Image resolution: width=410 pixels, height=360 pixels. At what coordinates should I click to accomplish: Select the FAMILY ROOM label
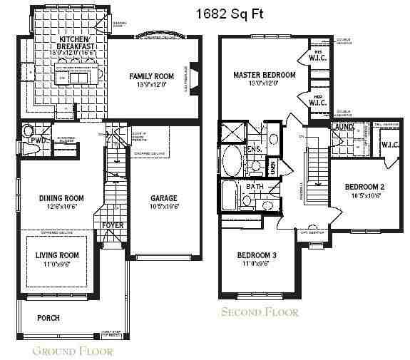152,76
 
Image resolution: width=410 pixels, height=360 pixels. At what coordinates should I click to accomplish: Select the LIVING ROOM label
58,255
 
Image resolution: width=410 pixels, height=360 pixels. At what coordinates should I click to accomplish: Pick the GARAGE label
163,198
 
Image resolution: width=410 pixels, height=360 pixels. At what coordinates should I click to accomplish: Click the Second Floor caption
260,312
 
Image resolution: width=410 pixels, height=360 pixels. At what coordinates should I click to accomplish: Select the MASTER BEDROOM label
265,75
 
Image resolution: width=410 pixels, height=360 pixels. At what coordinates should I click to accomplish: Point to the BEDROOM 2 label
364,187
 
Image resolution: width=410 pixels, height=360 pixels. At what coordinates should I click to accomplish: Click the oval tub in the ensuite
233,161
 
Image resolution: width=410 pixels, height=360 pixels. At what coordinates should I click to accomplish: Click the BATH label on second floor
255,187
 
